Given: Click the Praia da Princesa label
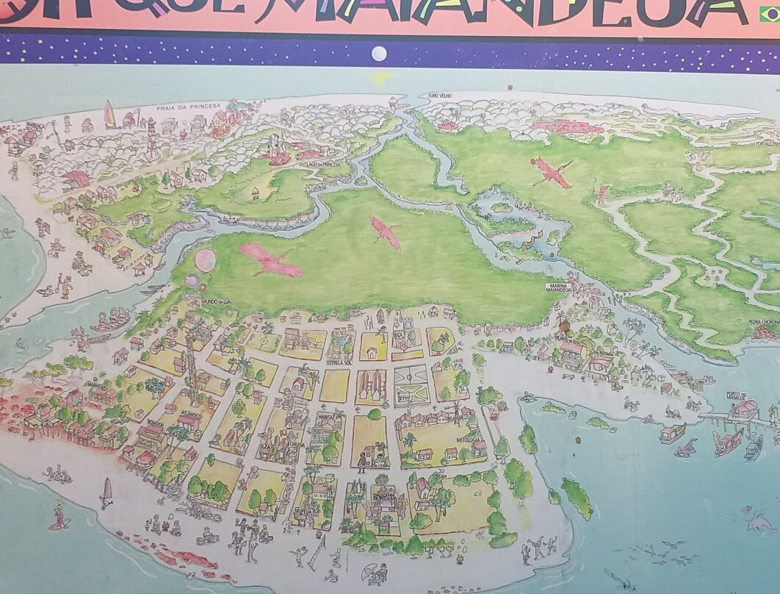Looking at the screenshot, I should point(187,108).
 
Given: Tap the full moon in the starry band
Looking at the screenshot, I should point(379,53).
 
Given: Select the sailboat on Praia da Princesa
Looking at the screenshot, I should point(110,115).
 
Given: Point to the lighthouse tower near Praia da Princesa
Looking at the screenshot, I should point(152,137).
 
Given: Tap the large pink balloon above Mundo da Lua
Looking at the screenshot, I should point(205,260).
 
